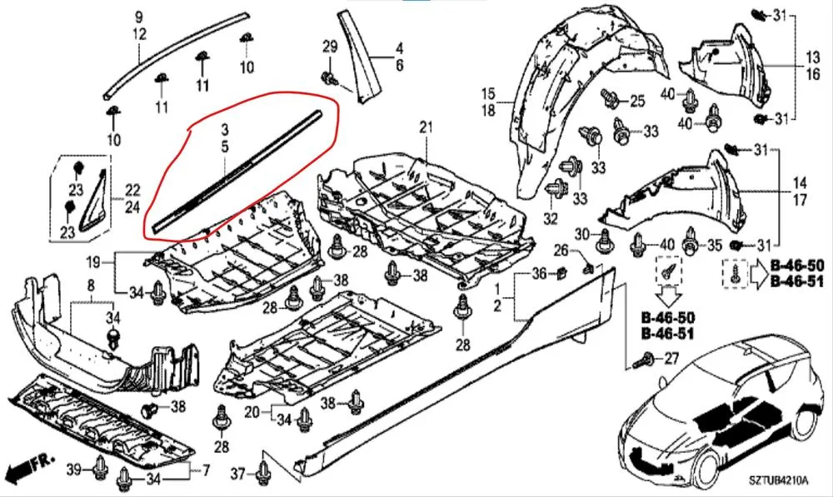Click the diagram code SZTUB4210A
[778, 480]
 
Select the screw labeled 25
[610, 98]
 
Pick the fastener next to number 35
[691, 241]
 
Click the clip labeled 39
[99, 468]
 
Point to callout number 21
[426, 127]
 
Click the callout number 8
[91, 286]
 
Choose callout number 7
[205, 470]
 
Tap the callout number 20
[252, 411]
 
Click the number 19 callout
[93, 261]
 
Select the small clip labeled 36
[561, 274]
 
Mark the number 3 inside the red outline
[225, 129]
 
